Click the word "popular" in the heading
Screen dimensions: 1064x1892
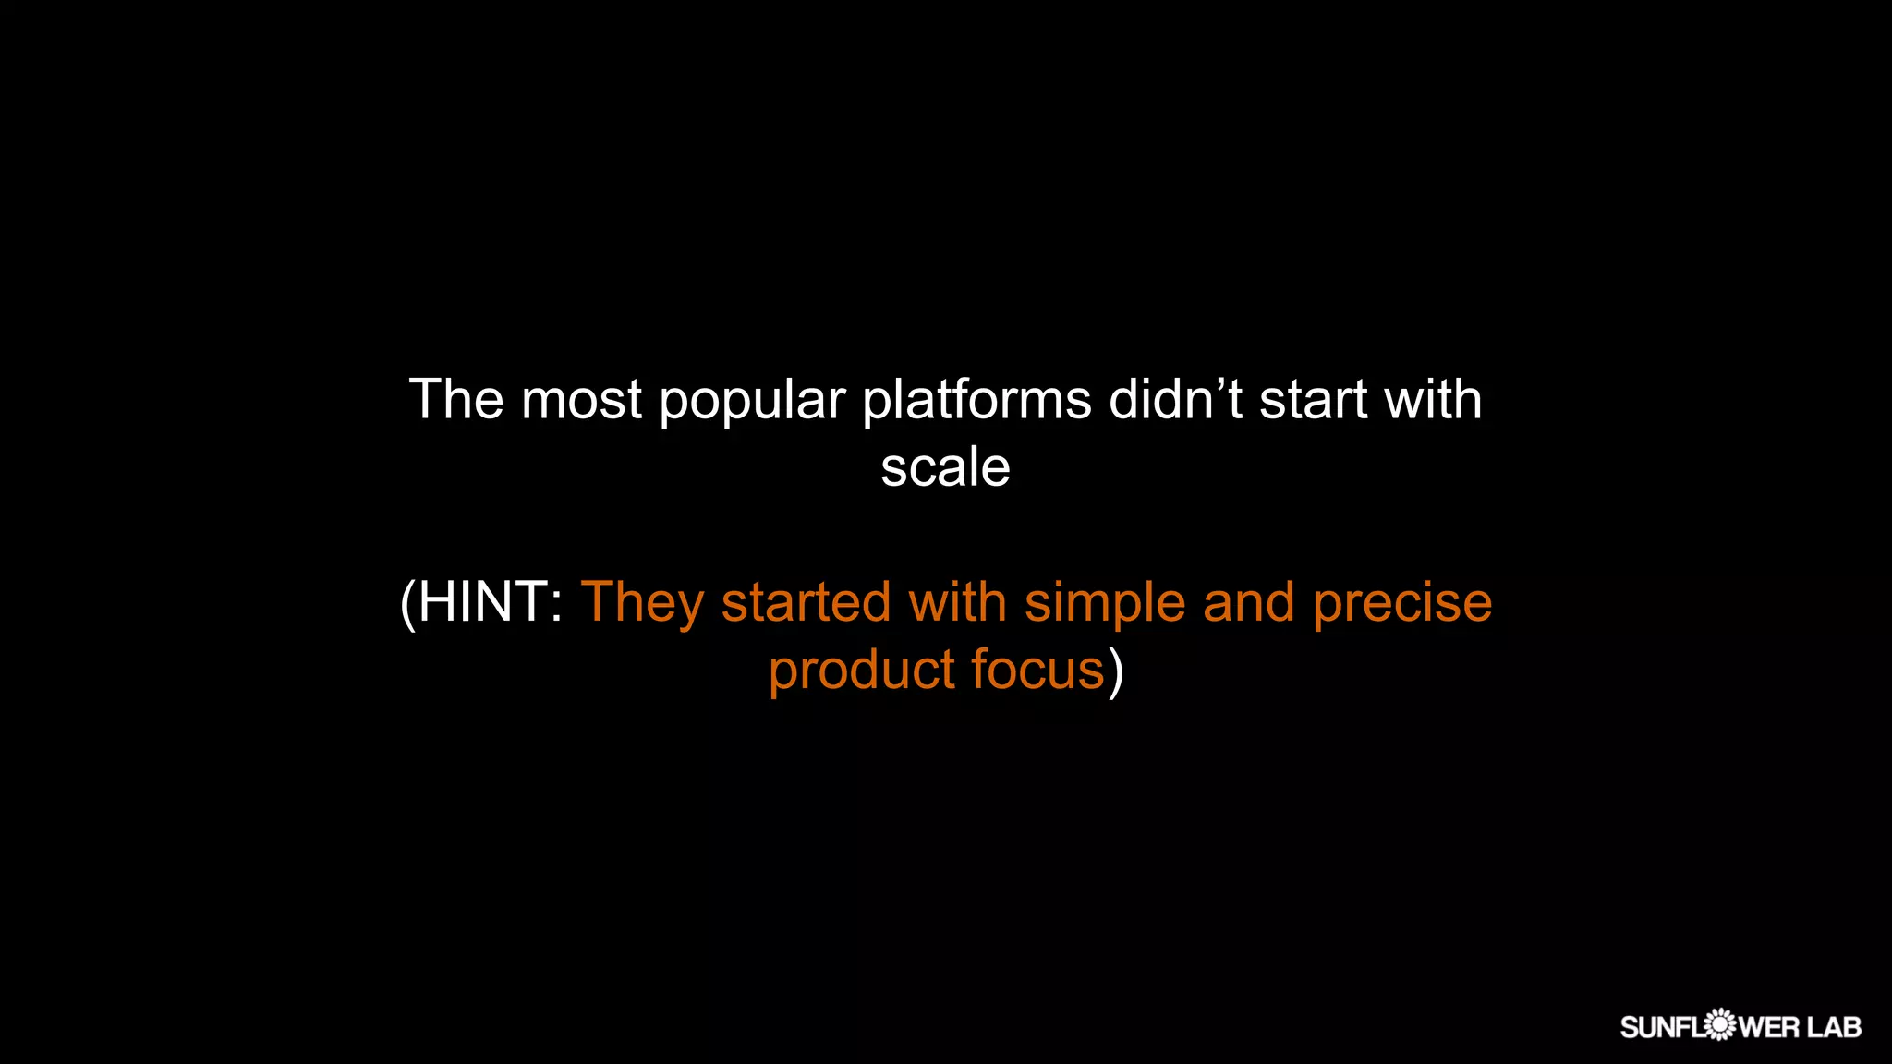point(752,402)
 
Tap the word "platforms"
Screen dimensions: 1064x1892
point(976,402)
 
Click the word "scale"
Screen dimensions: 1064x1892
point(945,467)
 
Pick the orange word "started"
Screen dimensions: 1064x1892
point(806,602)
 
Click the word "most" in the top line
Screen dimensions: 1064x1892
point(581,402)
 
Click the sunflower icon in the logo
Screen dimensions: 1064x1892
point(1719,1025)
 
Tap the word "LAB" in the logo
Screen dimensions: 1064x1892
point(1834,1027)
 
